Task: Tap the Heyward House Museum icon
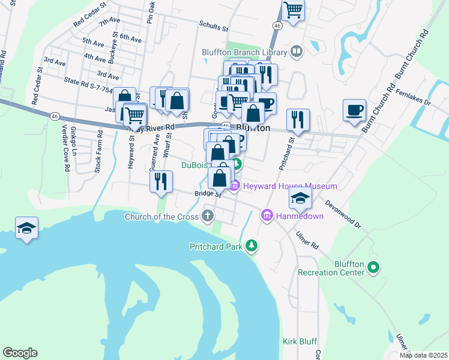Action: pos(235,187)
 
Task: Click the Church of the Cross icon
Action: pos(208,216)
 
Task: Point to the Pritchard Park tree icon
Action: pos(252,246)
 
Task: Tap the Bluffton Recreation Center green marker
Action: pos(373,267)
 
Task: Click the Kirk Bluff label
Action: pos(300,341)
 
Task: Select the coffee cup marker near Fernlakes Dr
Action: pos(354,110)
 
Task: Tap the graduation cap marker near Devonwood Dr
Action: pos(300,197)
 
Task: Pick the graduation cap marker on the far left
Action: pos(27,227)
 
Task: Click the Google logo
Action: pos(20,352)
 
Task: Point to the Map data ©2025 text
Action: pos(423,355)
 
